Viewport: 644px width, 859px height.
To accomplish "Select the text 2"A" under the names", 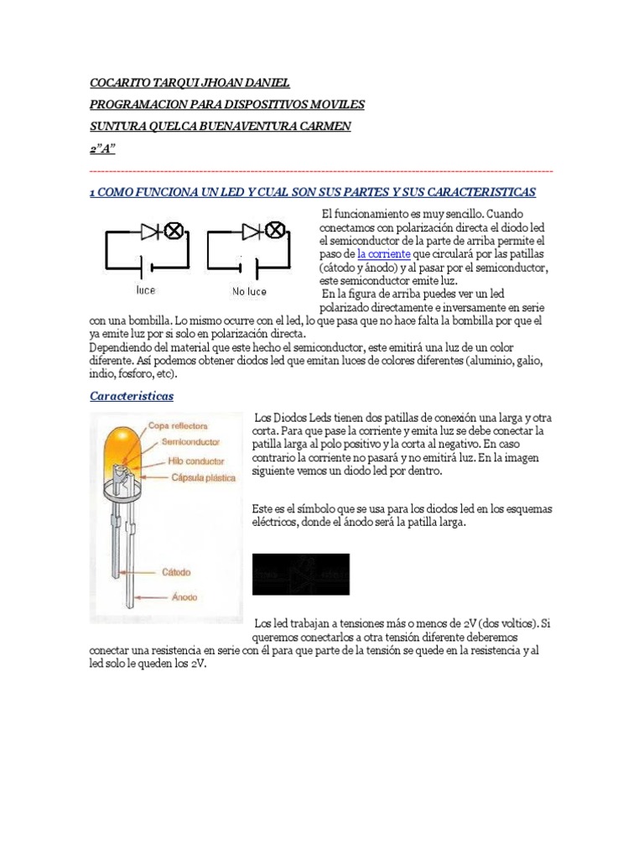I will click(x=103, y=148).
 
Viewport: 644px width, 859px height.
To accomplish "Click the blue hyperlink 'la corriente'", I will click(x=383, y=253).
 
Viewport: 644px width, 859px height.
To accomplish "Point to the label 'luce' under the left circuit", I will click(x=145, y=291).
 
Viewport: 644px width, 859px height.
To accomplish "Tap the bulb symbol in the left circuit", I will click(x=174, y=232).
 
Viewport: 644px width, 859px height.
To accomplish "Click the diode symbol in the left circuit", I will click(x=150, y=232).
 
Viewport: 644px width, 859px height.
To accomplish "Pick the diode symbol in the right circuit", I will click(x=252, y=232).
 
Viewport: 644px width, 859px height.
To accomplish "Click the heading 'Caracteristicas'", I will click(x=132, y=395).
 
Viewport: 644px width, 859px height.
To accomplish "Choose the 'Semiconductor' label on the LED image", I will click(x=191, y=441).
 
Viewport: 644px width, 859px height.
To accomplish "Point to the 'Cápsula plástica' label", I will click(x=203, y=478).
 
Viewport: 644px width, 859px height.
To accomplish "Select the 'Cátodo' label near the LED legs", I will click(x=176, y=573).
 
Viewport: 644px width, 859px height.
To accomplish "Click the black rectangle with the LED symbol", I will click(x=301, y=574).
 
